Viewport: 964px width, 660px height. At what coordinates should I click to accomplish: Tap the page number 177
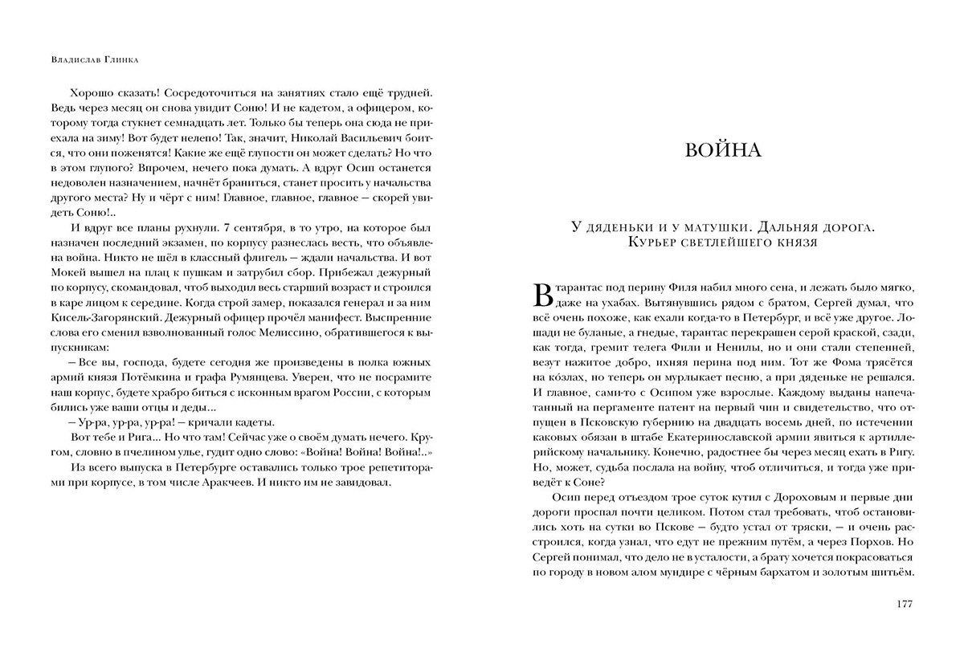(904, 605)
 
